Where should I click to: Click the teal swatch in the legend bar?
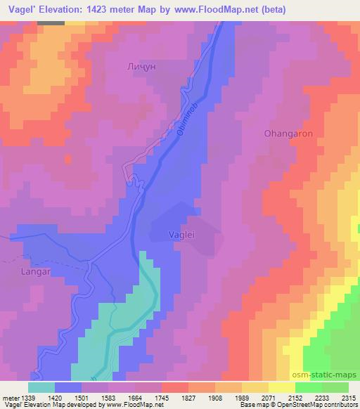pos(41,387)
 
